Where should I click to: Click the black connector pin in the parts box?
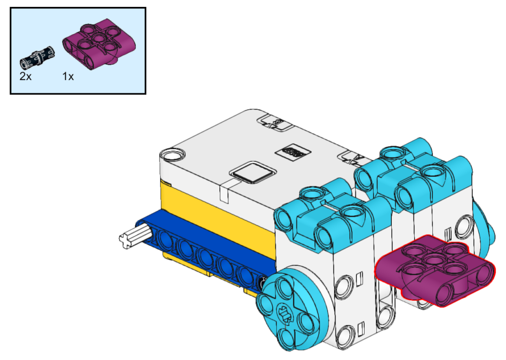coord(37,58)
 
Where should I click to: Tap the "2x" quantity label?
coord(26,77)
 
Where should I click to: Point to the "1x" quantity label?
coord(68,77)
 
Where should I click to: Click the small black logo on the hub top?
coord(293,151)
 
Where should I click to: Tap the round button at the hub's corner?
coord(173,155)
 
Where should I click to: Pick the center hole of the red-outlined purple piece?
coord(434,260)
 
